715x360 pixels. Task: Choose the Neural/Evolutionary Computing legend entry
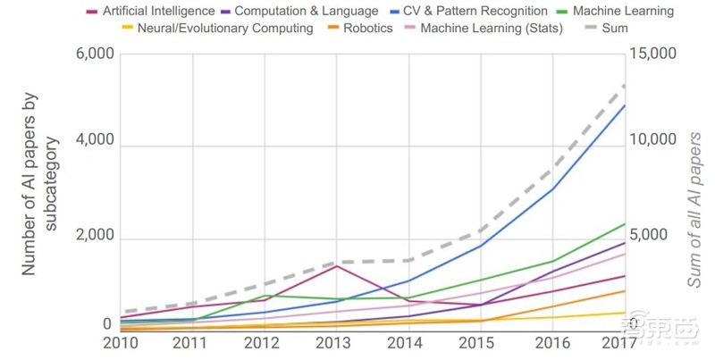(x=224, y=29)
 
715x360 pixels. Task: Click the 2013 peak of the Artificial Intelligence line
(x=337, y=266)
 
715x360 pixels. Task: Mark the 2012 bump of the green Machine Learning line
(x=265, y=296)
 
